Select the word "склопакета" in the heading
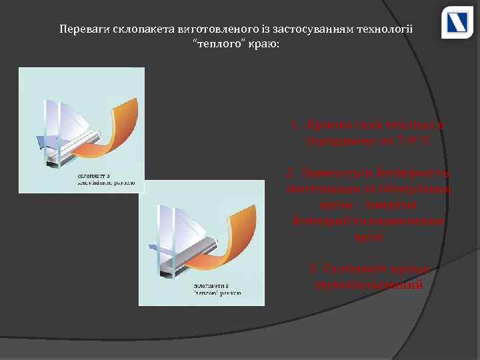tap(139, 29)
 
